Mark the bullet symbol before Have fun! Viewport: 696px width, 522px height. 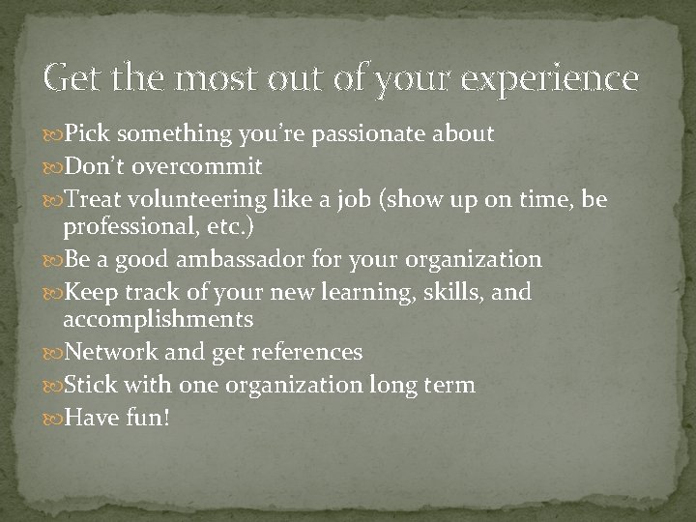53,419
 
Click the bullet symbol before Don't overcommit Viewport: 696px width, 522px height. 53,166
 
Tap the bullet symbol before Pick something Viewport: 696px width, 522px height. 53,133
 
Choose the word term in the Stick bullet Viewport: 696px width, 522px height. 448,385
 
